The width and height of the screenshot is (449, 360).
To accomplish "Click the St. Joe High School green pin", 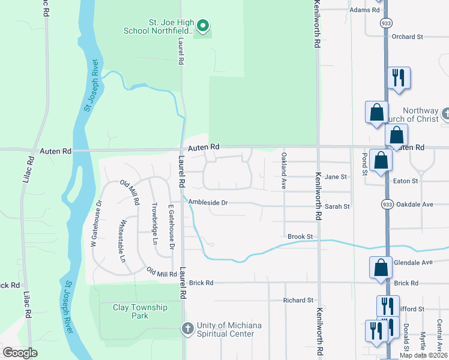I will pos(203,26).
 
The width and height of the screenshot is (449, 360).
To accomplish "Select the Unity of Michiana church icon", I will pos(187,329).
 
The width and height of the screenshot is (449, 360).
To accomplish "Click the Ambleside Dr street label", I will pos(208,203).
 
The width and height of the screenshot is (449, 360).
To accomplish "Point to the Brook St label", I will pos(301,237).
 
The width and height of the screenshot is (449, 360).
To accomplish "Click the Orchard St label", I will pos(408,37).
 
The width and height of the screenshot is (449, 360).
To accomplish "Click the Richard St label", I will pos(299,300).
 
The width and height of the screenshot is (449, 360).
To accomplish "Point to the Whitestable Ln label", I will pos(124,241).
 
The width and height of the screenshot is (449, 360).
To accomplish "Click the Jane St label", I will pos(336,177).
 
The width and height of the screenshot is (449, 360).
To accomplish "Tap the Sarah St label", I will pos(337,206).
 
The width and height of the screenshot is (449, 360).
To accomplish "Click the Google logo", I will pos(20,353).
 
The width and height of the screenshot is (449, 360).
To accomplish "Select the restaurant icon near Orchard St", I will pos(399,78).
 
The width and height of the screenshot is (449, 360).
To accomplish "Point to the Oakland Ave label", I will pos(284,171).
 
